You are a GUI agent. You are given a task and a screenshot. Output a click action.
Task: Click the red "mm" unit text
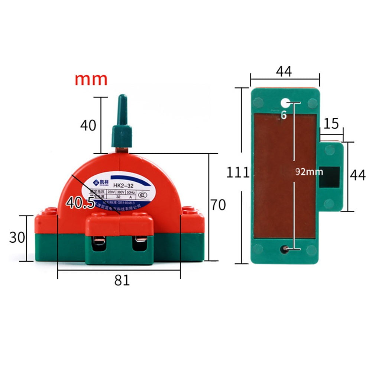[x=91, y=79]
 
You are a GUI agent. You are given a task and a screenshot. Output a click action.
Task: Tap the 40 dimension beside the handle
[x=88, y=126]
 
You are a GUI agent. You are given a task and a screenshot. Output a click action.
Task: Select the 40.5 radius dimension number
[x=80, y=203]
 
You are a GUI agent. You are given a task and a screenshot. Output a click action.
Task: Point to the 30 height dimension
[x=17, y=237]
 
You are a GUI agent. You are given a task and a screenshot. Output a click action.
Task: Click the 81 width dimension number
[x=122, y=280]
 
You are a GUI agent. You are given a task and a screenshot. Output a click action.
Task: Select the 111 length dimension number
[x=238, y=172]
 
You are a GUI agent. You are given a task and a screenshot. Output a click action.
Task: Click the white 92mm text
[x=309, y=172]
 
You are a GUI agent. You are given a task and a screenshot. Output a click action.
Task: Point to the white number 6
[x=284, y=116]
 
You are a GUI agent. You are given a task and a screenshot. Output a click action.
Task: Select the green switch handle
[x=122, y=123]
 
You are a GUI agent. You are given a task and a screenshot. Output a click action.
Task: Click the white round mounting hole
[x=285, y=102]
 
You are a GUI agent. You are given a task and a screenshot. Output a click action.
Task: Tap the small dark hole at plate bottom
[x=284, y=249]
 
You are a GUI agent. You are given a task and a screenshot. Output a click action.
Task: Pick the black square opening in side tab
[x=329, y=177]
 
